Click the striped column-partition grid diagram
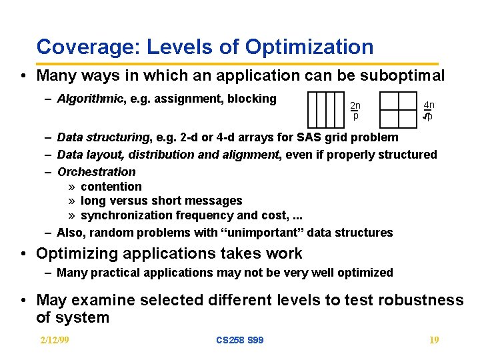coord(325,109)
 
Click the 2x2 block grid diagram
coord(398,109)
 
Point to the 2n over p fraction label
coord(355,110)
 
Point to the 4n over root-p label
coord(429,111)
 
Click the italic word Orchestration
coord(97,171)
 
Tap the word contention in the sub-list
coord(111,187)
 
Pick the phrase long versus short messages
coord(161,201)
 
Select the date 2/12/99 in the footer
coord(54,340)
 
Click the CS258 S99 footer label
coord(239,340)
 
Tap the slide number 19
coord(433,340)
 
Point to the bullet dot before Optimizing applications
coord(23,254)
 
